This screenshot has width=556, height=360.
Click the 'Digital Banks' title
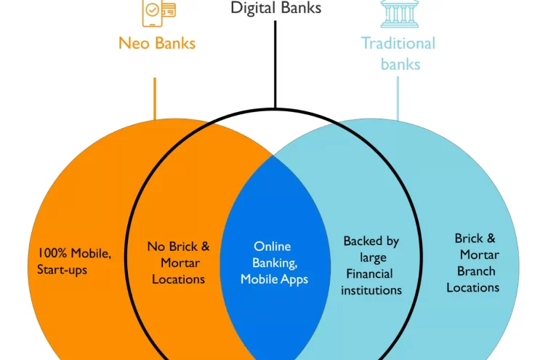tap(275, 8)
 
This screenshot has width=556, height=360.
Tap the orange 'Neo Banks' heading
tap(157, 43)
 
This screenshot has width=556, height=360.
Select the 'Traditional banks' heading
tap(398, 53)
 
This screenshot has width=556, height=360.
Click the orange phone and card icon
tap(158, 9)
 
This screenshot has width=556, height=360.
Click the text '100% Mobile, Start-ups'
tap(74, 262)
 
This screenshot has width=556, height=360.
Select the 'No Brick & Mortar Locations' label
tap(178, 263)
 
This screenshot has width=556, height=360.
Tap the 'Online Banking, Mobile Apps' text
tap(274, 263)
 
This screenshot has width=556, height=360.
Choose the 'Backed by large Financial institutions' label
tap(371, 265)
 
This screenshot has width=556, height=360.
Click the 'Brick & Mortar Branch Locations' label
tap(473, 263)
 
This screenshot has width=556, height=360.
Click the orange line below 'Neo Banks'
tap(155, 98)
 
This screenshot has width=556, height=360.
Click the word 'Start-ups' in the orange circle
tap(62, 271)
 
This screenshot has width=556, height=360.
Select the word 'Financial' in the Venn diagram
tap(369, 274)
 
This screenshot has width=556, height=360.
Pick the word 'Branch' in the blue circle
tap(476, 271)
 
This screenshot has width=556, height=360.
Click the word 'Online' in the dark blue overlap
tap(272, 247)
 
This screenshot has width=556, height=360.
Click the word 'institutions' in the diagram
tap(371, 290)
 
